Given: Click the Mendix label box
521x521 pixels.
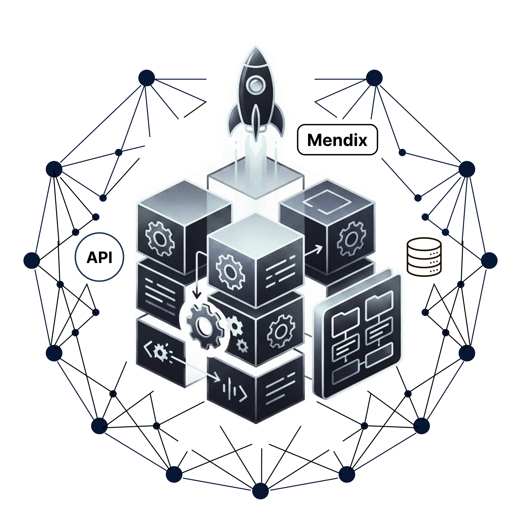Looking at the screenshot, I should click(337, 140).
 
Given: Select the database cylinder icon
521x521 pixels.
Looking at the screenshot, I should click(424, 257).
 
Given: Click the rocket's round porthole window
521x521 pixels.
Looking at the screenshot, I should click(255, 84).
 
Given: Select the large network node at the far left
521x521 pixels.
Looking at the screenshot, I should click(32, 260).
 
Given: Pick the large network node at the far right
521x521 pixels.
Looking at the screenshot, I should click(489, 260).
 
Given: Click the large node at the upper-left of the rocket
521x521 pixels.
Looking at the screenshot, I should click(146, 78).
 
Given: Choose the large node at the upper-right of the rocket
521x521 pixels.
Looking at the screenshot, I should click(374, 78).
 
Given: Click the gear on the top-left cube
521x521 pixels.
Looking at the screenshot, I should click(160, 238).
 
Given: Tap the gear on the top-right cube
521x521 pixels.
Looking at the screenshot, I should click(351, 238).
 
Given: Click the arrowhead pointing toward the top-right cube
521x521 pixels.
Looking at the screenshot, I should click(320, 248).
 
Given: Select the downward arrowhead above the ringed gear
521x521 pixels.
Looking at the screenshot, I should click(197, 295).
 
